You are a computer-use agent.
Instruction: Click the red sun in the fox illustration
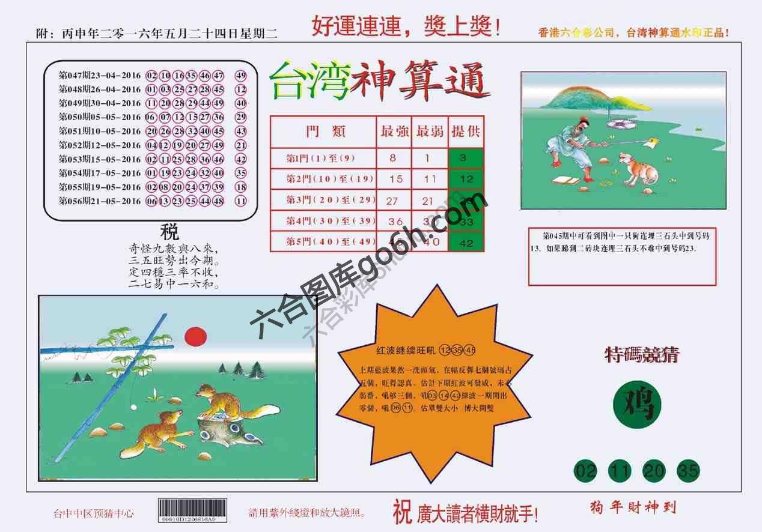coord(195,337)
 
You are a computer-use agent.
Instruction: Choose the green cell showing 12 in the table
coord(465,179)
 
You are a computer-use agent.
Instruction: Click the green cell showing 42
coord(465,243)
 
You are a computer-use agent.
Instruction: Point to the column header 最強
coord(394,131)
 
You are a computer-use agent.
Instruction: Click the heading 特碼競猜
coord(641,355)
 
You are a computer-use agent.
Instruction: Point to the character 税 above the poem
coord(169,231)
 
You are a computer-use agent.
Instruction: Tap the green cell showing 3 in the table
coord(465,158)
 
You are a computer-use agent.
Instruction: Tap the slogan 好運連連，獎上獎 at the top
coord(406,27)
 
